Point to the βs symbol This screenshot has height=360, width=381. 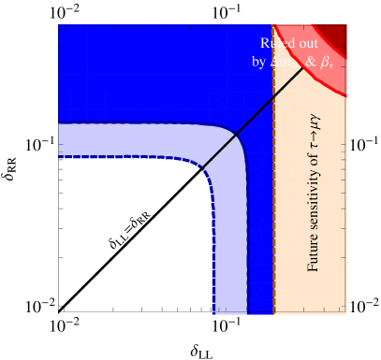tap(327, 63)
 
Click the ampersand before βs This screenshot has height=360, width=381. tap(310, 62)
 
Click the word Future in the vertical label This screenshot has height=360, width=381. tap(314, 252)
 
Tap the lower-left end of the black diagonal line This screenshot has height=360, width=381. tap(202, 166)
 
